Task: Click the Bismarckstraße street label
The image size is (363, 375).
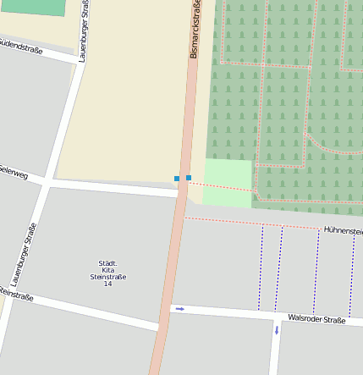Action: point(195,30)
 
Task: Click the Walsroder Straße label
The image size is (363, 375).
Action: point(316,320)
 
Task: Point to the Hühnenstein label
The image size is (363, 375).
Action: point(342,229)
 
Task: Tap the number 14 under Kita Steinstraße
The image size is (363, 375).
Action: point(107,284)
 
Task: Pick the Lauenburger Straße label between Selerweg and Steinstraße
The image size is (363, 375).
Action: point(25,254)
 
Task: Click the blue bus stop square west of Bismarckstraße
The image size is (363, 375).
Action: point(177,178)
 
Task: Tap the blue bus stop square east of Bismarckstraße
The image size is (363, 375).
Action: point(188,178)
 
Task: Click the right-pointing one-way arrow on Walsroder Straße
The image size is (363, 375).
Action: point(179,309)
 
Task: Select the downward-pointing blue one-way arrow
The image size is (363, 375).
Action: point(276,330)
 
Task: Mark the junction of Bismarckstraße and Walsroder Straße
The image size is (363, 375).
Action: point(164,315)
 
